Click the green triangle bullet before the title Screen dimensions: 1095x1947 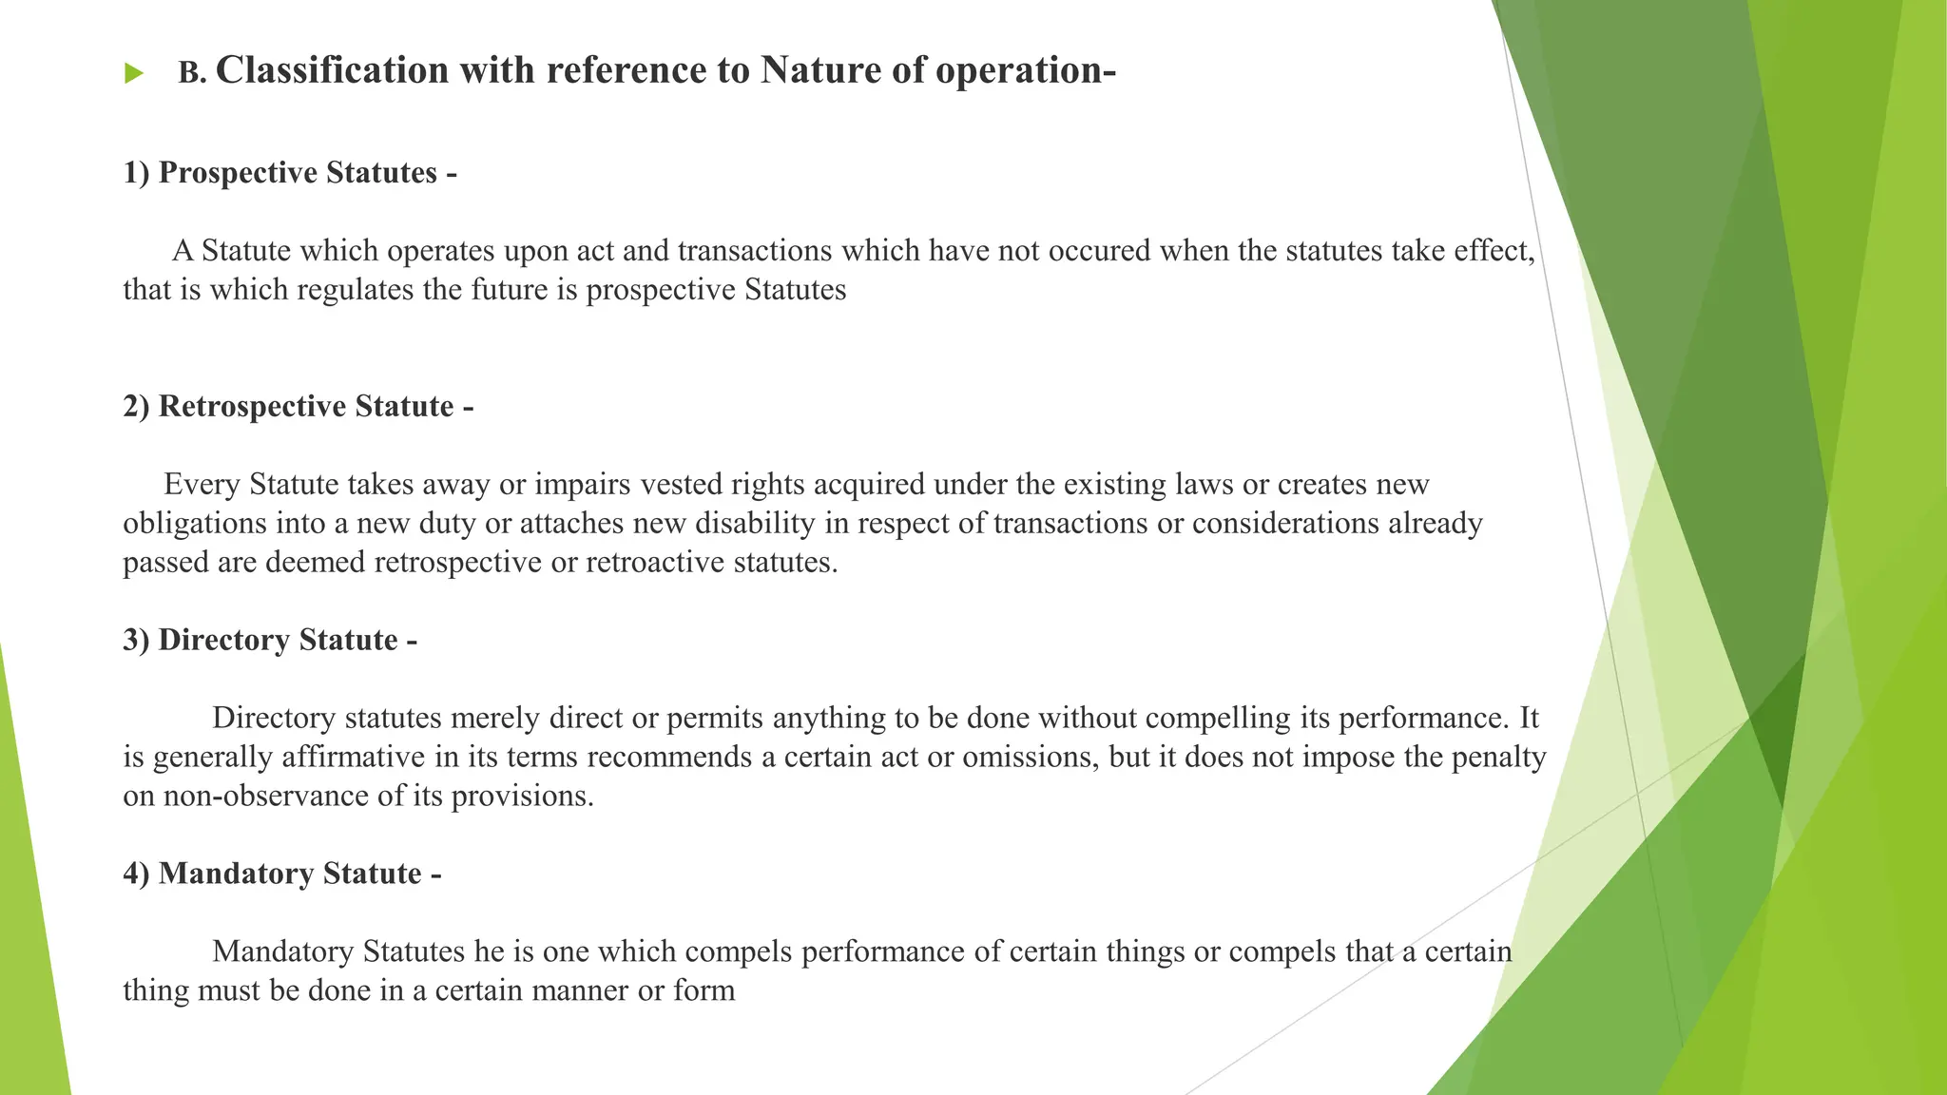133,74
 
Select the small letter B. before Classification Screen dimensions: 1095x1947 192,74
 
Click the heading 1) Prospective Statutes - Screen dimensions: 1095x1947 290,173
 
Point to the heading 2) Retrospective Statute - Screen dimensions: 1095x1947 298,407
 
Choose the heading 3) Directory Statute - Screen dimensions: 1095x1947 270,641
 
